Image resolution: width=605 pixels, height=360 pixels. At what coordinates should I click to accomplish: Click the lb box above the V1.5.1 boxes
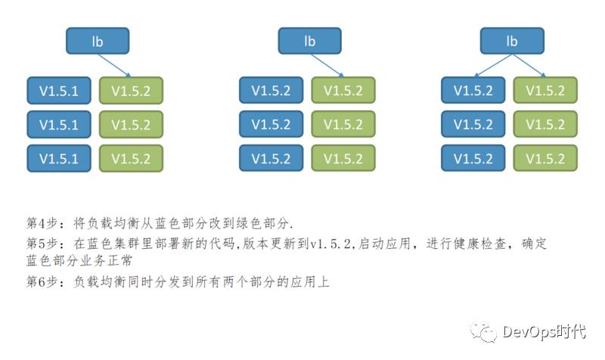coord(98,41)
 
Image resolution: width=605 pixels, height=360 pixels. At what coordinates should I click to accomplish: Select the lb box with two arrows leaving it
coord(512,41)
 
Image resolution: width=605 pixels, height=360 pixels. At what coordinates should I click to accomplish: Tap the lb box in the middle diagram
coord(309,41)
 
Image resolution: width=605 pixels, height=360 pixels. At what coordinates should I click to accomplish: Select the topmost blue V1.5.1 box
coord(59,90)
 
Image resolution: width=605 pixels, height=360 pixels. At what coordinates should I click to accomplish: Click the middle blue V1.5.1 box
coord(59,124)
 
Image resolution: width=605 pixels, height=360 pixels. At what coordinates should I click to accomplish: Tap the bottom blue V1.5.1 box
coord(59,158)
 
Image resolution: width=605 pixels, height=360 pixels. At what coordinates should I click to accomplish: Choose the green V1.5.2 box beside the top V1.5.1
coord(131,90)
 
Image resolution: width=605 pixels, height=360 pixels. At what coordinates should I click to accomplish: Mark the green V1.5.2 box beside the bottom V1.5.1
coord(131,158)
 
